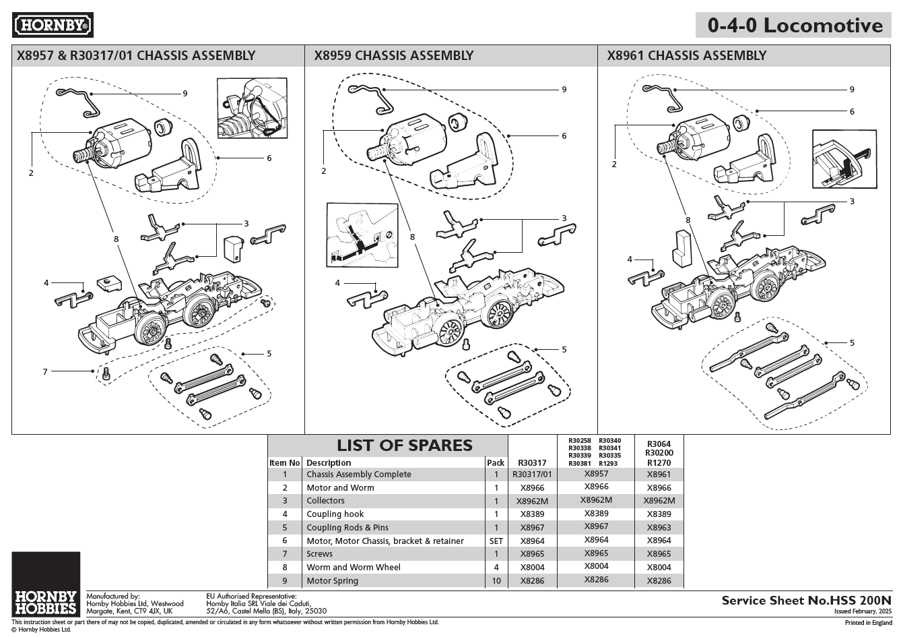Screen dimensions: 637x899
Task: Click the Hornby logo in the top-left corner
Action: (53, 26)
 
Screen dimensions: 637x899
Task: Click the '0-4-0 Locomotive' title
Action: (795, 26)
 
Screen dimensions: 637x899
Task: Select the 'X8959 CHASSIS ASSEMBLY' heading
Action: (393, 56)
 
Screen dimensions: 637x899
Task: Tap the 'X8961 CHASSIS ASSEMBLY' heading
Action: (686, 56)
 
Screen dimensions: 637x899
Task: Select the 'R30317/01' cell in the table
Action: (531, 475)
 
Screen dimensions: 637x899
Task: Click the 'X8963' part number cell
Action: (659, 528)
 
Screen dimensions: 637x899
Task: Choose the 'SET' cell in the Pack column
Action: (496, 541)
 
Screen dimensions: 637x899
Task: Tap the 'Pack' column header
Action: (495, 463)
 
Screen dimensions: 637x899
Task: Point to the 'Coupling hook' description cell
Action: (335, 514)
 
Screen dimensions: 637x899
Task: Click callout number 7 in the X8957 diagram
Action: (45, 371)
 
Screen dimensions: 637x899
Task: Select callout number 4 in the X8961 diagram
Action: (630, 260)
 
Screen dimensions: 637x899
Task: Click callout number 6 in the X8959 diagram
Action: (564, 136)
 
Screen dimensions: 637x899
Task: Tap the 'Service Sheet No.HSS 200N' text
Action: (806, 599)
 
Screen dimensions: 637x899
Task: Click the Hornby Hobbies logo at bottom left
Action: (46, 584)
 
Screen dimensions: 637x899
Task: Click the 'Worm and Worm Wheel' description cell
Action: (353, 568)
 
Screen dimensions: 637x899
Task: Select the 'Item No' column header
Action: (284, 463)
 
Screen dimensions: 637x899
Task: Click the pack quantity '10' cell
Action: (496, 580)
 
